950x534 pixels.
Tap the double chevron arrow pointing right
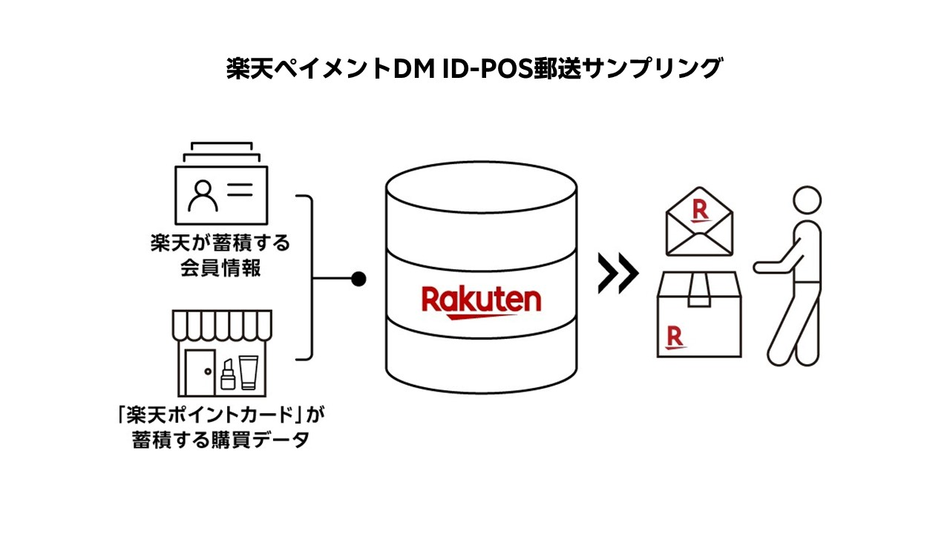pyautogui.click(x=617, y=274)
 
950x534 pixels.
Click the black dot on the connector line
pyautogui.click(x=358, y=279)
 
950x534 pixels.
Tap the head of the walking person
pyautogui.click(x=807, y=200)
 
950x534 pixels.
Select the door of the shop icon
pyautogui.click(x=199, y=370)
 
